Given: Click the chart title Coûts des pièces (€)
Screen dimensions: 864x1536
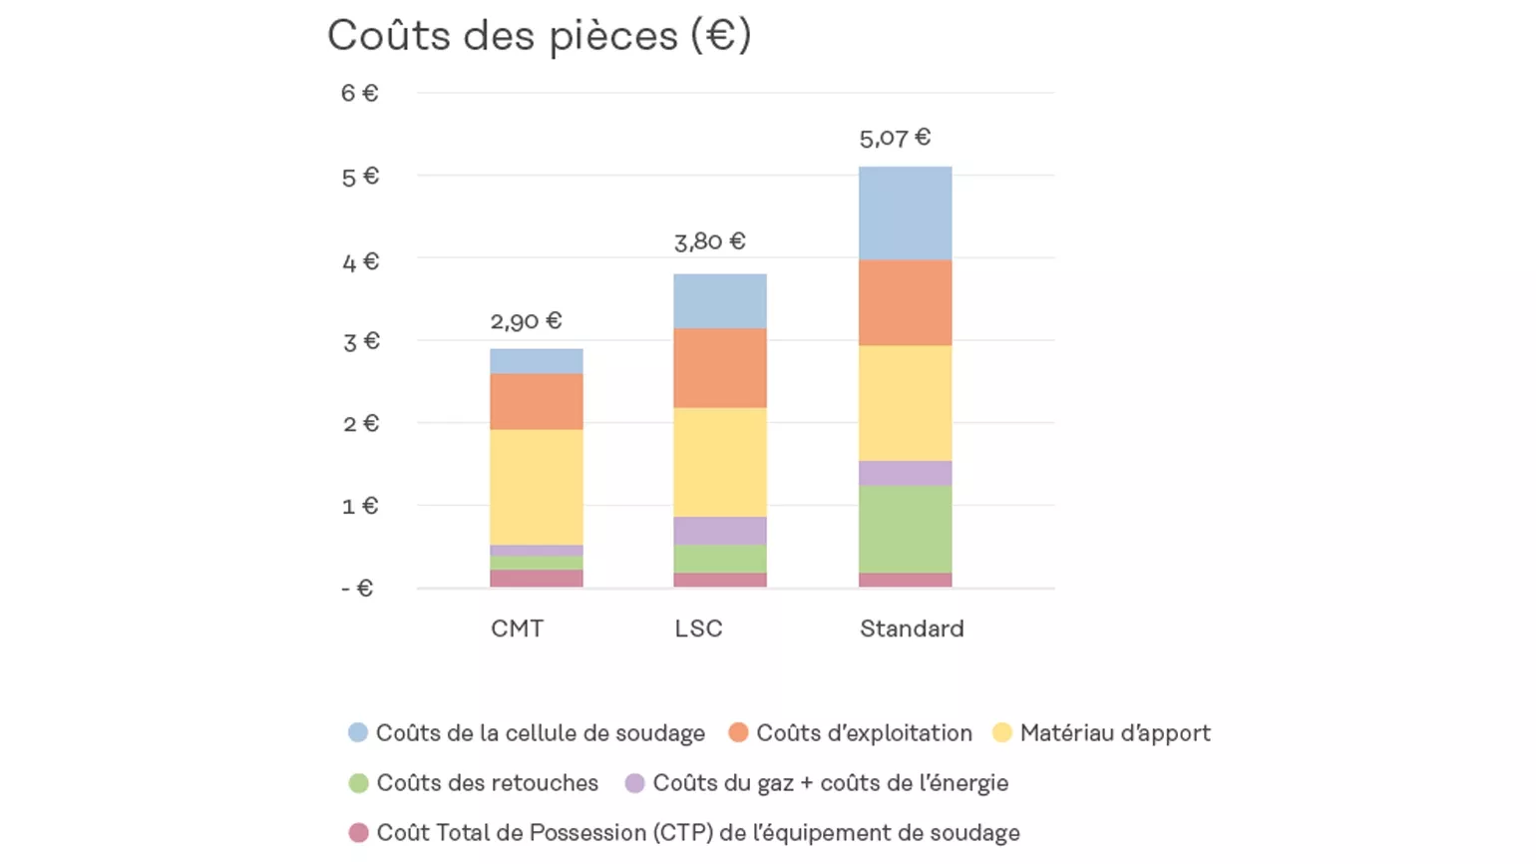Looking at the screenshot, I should click(x=539, y=36).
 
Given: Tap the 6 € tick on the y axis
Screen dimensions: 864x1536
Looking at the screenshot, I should click(x=359, y=93).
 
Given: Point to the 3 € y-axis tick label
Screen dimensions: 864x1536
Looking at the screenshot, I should click(x=360, y=342).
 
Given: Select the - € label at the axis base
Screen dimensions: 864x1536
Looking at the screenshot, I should click(x=357, y=589).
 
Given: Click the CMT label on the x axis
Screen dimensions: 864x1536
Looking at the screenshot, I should click(x=517, y=629).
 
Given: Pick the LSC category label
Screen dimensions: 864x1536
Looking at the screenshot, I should click(x=698, y=629).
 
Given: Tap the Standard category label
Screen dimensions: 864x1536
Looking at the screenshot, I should click(x=912, y=629).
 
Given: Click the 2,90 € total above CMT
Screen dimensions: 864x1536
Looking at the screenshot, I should click(x=526, y=321).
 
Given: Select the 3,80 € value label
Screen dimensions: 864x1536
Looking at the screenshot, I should click(x=709, y=241).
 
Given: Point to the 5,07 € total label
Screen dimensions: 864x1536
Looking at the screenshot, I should click(x=895, y=138).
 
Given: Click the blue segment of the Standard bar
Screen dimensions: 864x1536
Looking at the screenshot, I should click(x=905, y=214).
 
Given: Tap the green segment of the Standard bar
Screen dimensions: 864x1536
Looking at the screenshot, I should click(x=905, y=529).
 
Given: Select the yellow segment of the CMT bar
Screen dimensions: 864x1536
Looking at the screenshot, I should click(x=536, y=487).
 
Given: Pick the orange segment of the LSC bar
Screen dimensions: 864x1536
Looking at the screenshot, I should click(x=719, y=367).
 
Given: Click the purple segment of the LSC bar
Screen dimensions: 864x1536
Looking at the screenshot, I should click(x=719, y=530).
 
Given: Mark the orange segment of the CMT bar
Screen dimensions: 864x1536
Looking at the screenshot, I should click(x=536, y=401).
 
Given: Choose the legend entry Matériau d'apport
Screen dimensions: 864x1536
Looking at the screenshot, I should click(x=1114, y=733).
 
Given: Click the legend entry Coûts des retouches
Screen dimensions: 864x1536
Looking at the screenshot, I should click(x=487, y=783).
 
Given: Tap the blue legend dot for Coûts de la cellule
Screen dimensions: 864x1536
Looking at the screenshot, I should click(x=358, y=733).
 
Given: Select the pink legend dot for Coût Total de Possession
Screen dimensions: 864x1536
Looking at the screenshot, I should click(x=358, y=833).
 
